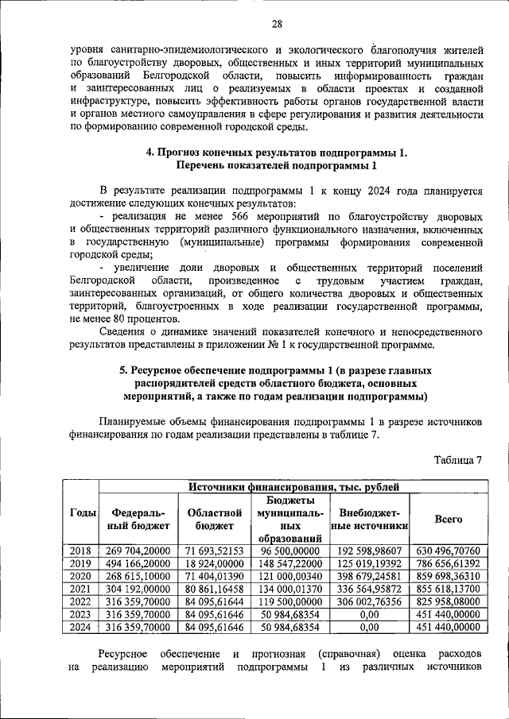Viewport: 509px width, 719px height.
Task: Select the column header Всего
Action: [x=449, y=518]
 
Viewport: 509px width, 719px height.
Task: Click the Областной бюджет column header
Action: [x=212, y=519]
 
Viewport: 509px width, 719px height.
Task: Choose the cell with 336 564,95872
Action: [x=370, y=588]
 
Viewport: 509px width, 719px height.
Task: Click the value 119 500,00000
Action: [x=290, y=601]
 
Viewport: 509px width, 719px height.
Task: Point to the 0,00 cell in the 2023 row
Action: [x=370, y=613]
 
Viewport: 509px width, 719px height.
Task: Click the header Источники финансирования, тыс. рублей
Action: [x=293, y=486]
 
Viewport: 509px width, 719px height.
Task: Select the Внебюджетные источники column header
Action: [x=370, y=519]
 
